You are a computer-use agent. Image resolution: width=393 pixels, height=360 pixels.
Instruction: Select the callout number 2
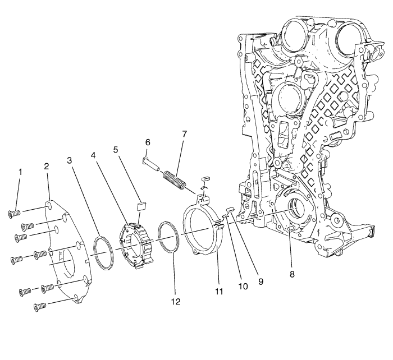click(x=47, y=167)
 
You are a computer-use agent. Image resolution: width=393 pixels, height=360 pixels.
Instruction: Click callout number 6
click(x=148, y=143)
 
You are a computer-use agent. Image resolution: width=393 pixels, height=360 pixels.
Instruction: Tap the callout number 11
click(x=219, y=292)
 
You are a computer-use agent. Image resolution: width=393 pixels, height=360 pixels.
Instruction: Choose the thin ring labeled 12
click(x=168, y=237)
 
